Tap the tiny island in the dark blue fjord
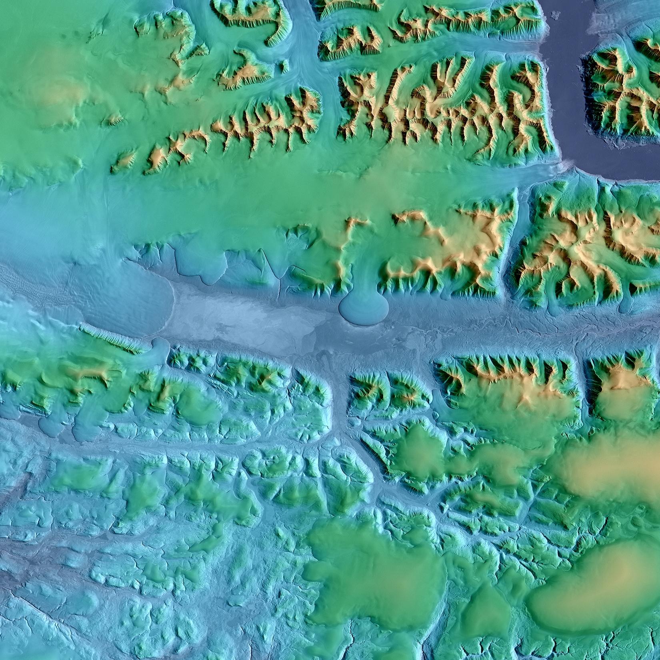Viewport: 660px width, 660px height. pos(554,15)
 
